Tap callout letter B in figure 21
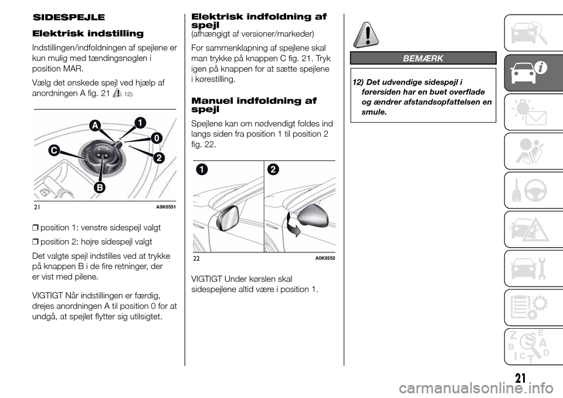tap(100, 187)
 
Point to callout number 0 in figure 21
tap(155, 137)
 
